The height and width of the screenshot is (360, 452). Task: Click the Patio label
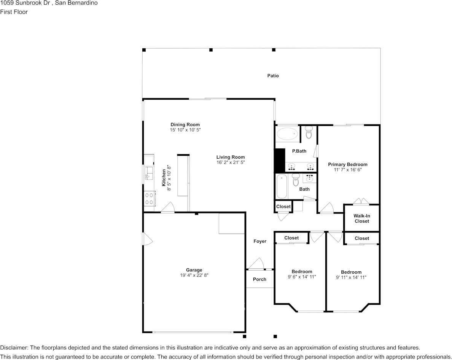(273, 76)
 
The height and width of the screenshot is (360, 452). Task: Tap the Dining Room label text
(185, 124)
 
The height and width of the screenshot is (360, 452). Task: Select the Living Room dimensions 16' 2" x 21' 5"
(231, 162)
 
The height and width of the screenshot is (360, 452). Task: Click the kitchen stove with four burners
(149, 198)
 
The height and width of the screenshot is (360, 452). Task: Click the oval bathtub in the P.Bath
(287, 134)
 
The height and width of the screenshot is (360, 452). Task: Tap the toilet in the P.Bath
(309, 133)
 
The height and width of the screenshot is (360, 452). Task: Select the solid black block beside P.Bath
(280, 160)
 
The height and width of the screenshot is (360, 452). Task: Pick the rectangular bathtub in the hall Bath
(282, 186)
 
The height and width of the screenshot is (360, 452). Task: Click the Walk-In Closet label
(362, 218)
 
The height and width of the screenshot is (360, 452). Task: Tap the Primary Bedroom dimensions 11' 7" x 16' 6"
(348, 170)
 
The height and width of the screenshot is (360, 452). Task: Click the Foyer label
(260, 241)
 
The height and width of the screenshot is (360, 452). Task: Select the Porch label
(260, 279)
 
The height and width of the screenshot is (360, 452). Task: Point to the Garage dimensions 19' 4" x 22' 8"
(194, 276)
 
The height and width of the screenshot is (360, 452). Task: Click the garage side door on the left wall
(147, 239)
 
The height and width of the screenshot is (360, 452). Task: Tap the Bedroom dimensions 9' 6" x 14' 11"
(301, 277)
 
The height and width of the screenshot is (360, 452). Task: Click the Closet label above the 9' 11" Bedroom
(362, 238)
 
